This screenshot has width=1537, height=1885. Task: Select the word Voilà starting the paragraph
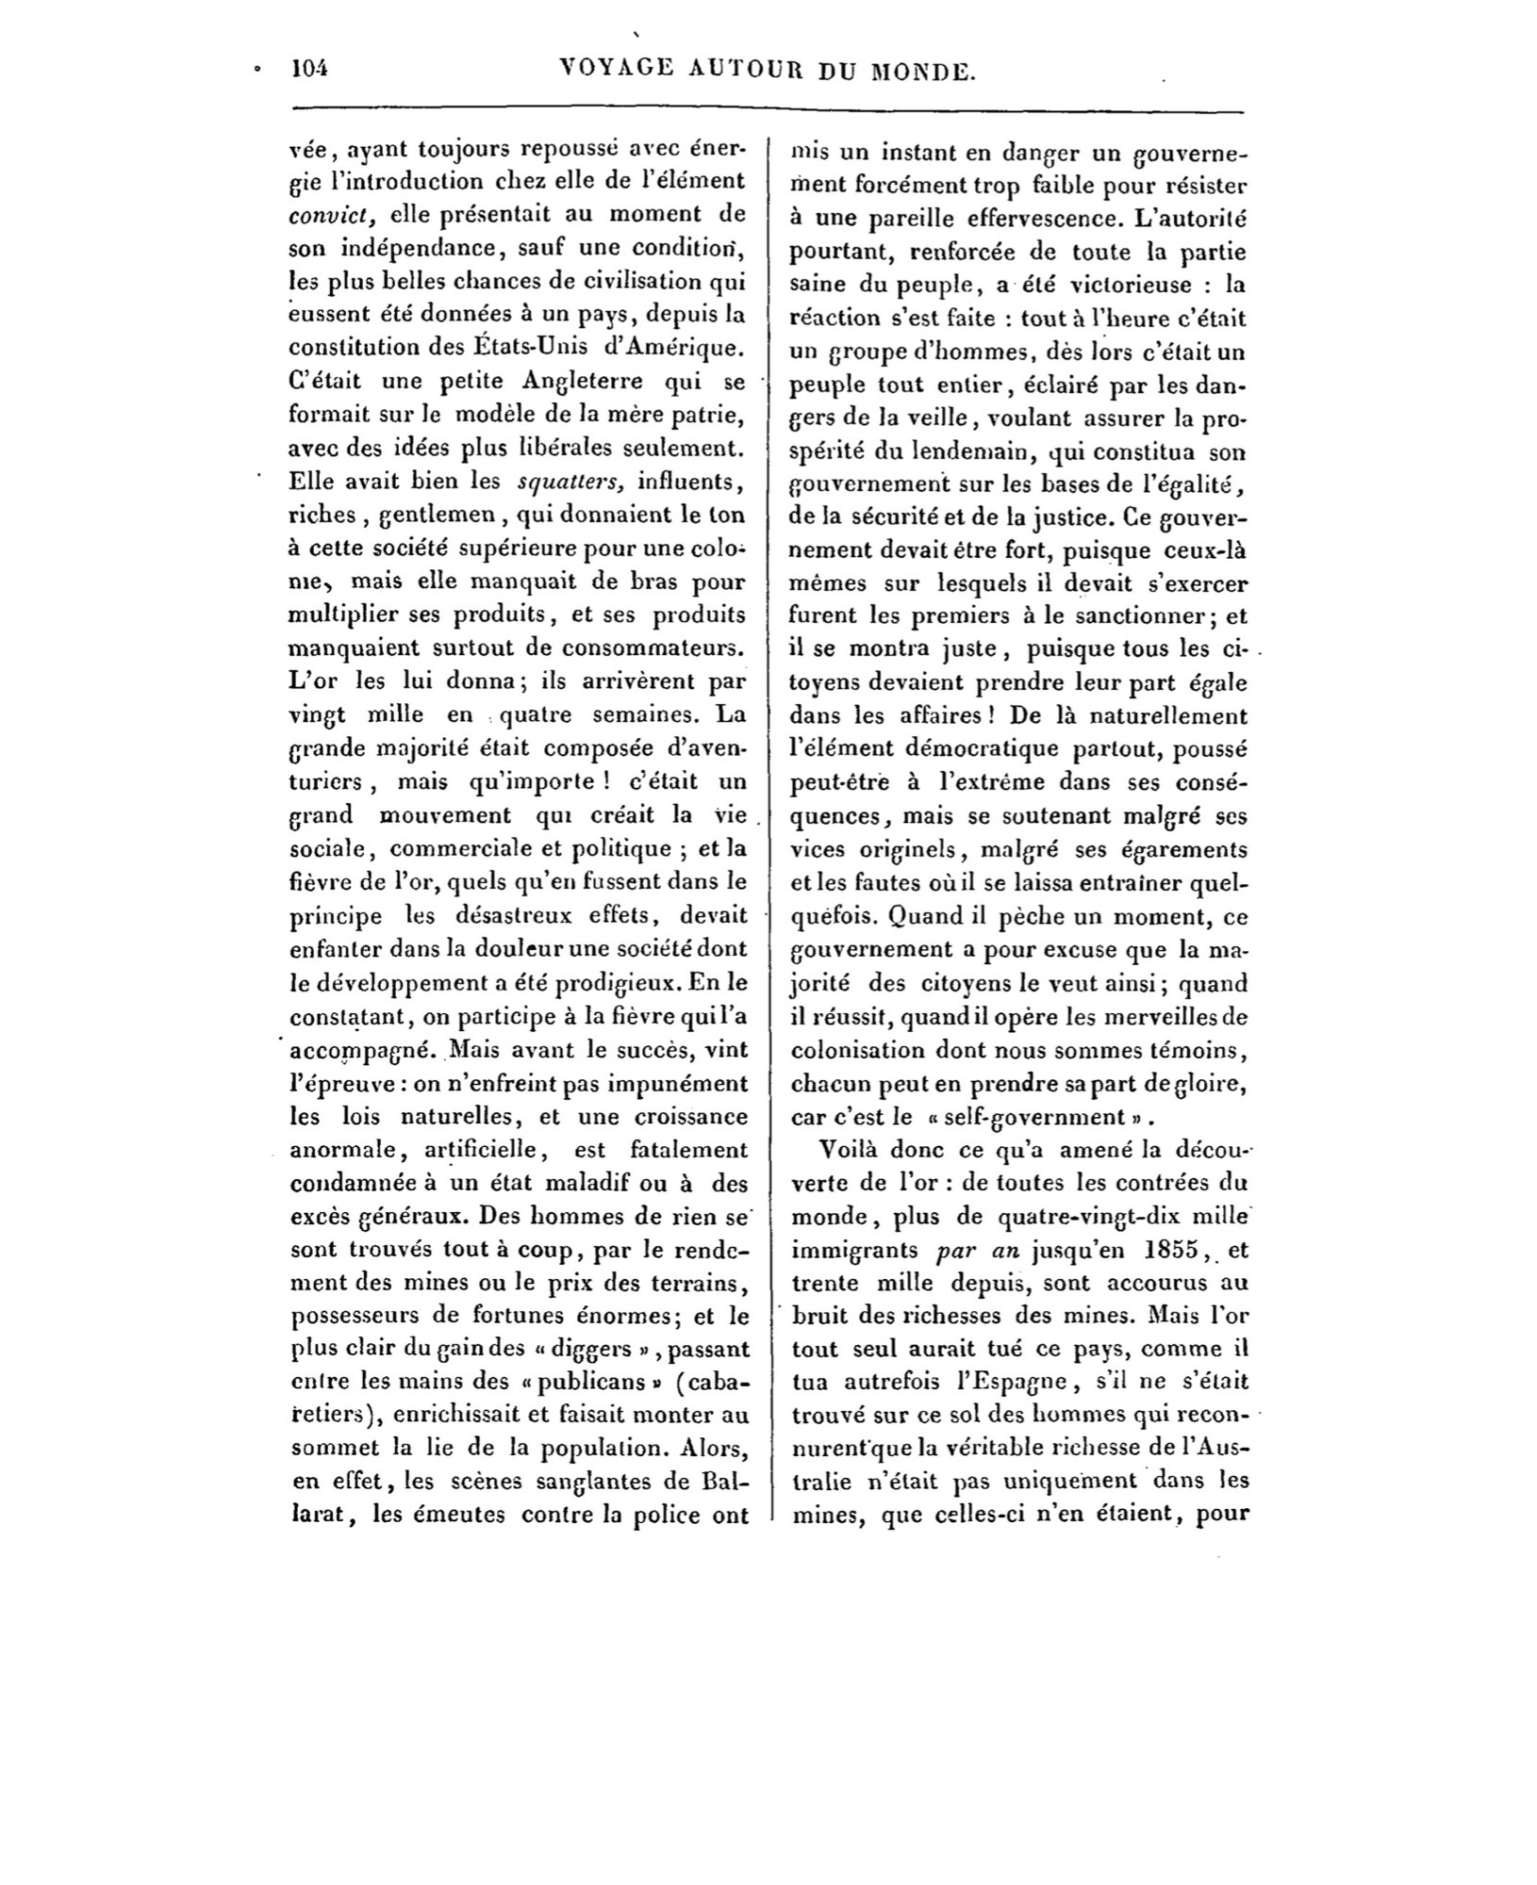click(851, 1151)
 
